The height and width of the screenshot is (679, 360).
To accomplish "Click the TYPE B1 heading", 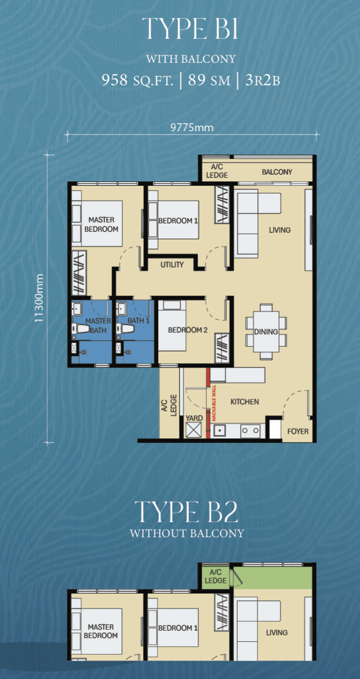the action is (x=190, y=28).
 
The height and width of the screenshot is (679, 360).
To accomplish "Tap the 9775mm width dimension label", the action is (x=192, y=127).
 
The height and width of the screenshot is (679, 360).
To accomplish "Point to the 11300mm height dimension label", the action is (x=39, y=298).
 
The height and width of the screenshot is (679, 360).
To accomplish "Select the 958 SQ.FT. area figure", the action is (x=137, y=80).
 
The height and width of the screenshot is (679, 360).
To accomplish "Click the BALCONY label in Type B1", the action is (x=277, y=172).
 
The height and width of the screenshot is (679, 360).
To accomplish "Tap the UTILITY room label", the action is (x=172, y=265).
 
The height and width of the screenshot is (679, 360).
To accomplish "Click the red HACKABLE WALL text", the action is (x=214, y=403).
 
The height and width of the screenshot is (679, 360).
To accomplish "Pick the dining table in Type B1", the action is (x=266, y=332).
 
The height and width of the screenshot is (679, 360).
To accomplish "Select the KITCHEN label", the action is (x=245, y=402).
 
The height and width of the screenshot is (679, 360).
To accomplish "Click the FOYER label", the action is (x=298, y=431).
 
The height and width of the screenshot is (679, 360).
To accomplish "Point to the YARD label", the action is (x=194, y=418).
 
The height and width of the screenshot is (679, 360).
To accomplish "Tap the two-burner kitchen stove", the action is (x=250, y=430).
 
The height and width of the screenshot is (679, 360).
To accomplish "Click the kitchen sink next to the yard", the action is (x=220, y=430).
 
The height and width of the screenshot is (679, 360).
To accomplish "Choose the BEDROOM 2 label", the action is (x=187, y=330).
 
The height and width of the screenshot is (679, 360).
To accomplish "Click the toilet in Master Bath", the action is (x=81, y=329).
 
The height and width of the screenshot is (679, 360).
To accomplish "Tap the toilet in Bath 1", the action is (x=125, y=329).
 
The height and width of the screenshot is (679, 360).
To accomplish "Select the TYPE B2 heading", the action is (x=186, y=512).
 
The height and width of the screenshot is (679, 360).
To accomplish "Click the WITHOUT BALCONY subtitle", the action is (x=187, y=533).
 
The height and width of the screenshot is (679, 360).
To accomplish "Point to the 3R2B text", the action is (x=263, y=80).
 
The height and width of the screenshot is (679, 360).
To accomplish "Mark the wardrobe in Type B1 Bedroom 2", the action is (x=222, y=348).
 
